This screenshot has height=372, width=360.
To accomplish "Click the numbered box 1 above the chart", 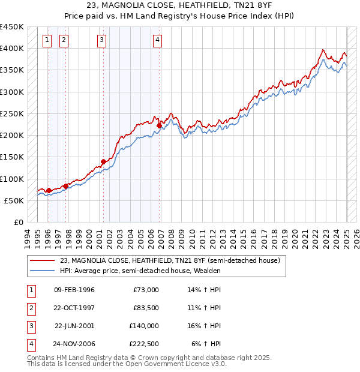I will pyautogui.click(x=47, y=40).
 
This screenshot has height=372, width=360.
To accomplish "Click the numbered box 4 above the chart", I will pyautogui.click(x=157, y=40).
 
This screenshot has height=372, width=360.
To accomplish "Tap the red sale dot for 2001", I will pyautogui.click(x=103, y=161).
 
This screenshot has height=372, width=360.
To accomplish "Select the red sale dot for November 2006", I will pyautogui.click(x=160, y=125).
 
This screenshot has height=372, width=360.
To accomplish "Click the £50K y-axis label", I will pyautogui.click(x=15, y=200).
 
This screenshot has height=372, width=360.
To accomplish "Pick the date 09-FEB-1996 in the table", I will pyautogui.click(x=74, y=290).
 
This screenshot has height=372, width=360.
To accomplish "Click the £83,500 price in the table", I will pyautogui.click(x=146, y=308).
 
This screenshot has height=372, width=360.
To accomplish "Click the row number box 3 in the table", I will pyautogui.click(x=31, y=326).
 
